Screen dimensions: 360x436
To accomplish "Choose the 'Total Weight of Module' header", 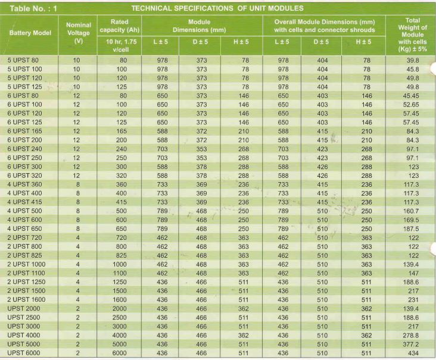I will pyautogui.click(x=408, y=28).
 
